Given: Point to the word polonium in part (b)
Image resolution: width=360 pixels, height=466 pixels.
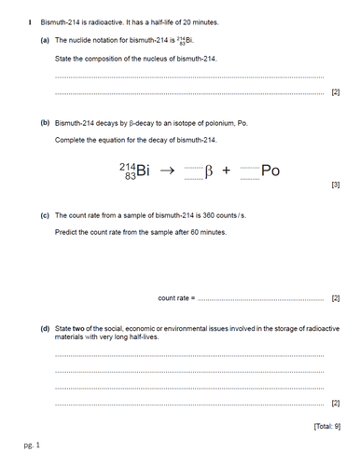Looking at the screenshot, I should click(201, 122).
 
